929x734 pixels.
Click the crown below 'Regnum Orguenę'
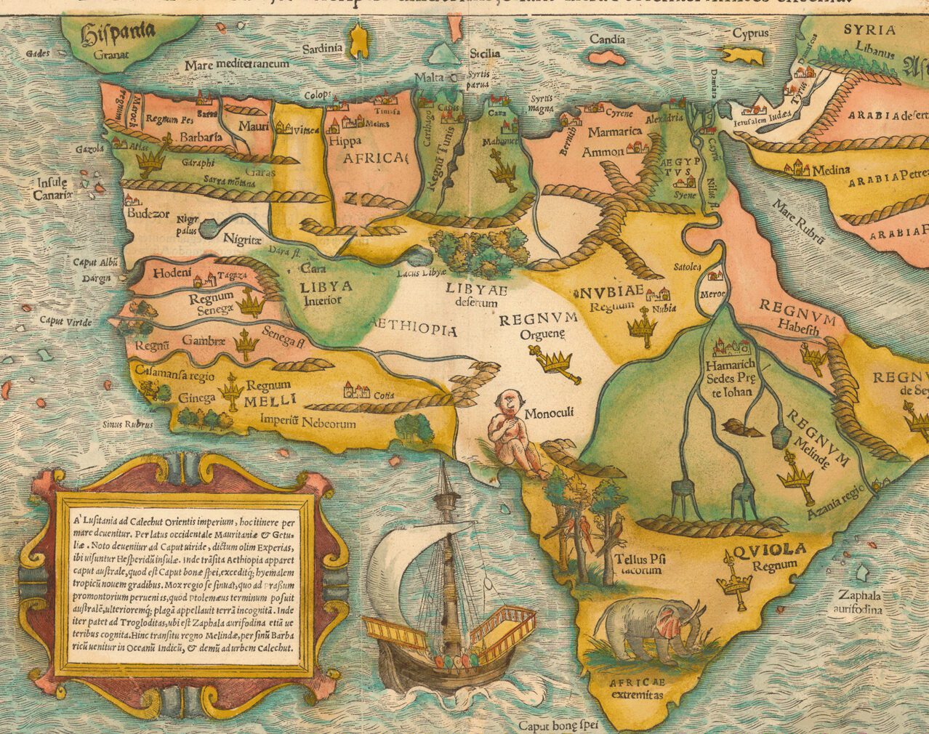[557, 360]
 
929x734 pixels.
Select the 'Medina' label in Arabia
[830, 170]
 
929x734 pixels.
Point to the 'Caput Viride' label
[61, 320]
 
